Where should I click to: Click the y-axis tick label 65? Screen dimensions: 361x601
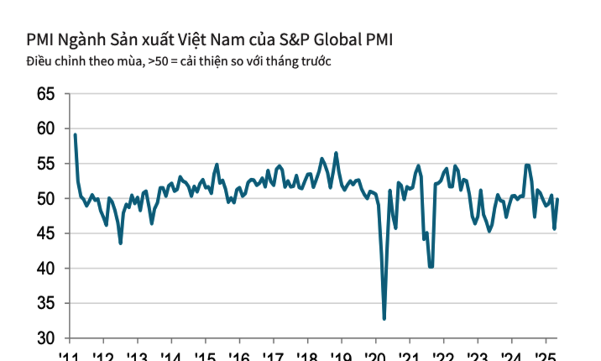click(x=47, y=93)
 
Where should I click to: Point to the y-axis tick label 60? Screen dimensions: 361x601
click(x=47, y=128)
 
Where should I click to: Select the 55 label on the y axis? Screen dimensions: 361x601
click(x=47, y=163)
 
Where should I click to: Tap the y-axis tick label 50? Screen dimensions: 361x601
click(x=47, y=198)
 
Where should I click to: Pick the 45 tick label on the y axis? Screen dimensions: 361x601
click(x=47, y=233)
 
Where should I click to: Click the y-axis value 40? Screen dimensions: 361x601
click(x=47, y=268)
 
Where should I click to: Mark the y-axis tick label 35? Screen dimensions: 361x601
click(x=47, y=303)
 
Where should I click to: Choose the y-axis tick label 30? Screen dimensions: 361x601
click(x=47, y=338)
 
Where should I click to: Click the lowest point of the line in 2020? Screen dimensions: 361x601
click(x=384, y=319)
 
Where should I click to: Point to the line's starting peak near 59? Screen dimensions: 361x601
click(x=75, y=135)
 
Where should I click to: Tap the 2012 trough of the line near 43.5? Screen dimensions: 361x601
click(x=120, y=243)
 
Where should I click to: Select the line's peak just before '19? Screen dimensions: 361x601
click(x=336, y=153)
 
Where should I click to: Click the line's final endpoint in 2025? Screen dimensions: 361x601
click(x=557, y=199)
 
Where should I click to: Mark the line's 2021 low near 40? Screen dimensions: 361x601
click(x=430, y=266)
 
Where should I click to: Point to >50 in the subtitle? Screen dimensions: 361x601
click(x=156, y=61)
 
